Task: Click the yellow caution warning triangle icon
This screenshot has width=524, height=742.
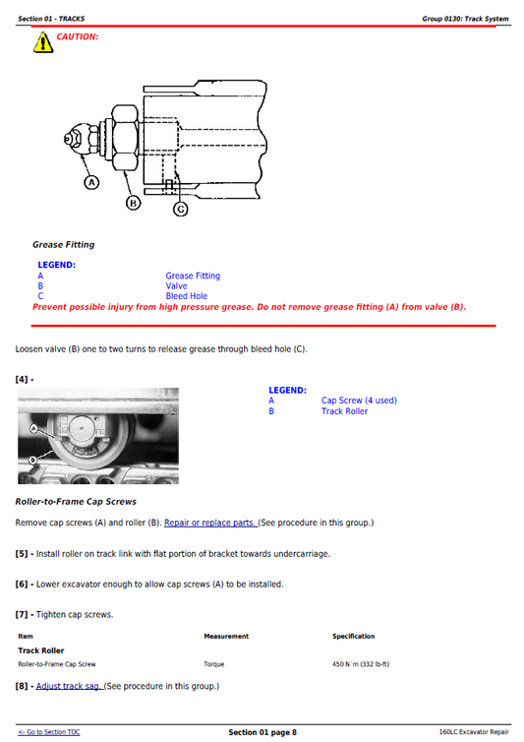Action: (43, 42)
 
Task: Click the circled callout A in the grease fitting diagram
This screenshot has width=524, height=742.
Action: (91, 183)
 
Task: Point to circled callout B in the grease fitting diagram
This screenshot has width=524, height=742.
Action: (135, 203)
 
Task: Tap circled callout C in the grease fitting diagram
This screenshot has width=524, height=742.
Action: (181, 209)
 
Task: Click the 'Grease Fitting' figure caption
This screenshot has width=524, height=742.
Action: (63, 244)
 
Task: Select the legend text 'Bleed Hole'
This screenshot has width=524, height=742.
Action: (186, 296)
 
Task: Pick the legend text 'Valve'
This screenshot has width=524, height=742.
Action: (176, 286)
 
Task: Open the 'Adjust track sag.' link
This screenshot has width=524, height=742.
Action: (69, 686)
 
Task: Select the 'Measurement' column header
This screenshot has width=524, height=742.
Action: (226, 637)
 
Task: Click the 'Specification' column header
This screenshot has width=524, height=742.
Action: (353, 637)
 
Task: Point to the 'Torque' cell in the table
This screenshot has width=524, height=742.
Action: (214, 664)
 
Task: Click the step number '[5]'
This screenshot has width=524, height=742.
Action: (24, 553)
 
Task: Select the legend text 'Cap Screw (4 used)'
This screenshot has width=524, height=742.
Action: (359, 401)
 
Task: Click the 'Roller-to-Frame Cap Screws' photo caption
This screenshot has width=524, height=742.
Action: (76, 502)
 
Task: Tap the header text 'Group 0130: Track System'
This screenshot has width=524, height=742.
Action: (465, 18)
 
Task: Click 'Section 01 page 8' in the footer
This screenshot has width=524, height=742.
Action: (262, 732)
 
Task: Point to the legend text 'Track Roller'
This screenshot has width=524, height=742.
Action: (344, 410)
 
